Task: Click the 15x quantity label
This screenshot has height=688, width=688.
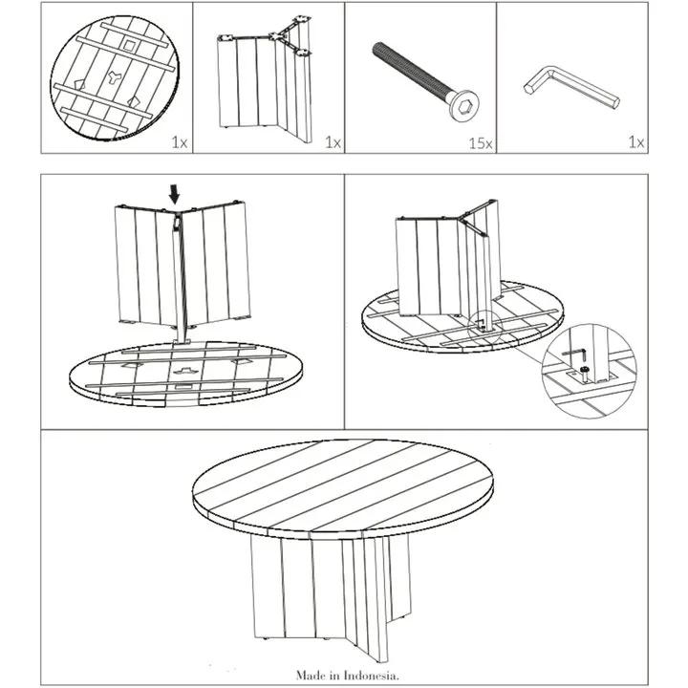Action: [x=480, y=143]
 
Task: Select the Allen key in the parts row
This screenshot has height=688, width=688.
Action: [x=570, y=89]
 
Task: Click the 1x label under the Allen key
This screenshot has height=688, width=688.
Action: [x=635, y=143]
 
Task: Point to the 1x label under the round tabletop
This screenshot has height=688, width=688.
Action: [x=179, y=143]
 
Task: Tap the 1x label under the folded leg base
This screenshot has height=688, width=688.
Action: [x=332, y=143]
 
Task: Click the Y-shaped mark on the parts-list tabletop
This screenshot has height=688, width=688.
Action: [x=114, y=82]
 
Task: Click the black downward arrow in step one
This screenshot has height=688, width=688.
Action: [x=173, y=194]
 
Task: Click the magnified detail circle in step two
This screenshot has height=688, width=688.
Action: [x=588, y=368]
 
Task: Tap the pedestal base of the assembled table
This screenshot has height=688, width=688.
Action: [x=325, y=592]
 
